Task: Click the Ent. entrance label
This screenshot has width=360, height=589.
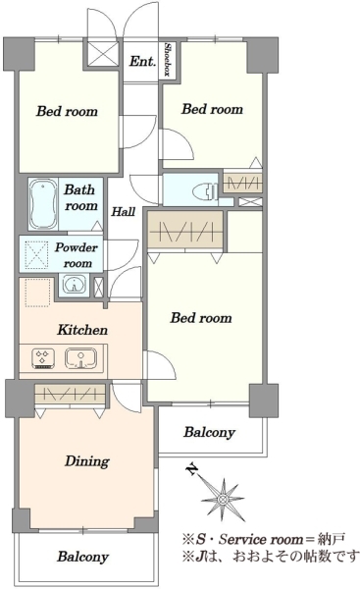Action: (142, 61)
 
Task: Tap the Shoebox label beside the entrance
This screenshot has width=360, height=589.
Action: (168, 59)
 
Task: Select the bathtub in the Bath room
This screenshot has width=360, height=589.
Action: (43, 204)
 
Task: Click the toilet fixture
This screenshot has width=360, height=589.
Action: (205, 191)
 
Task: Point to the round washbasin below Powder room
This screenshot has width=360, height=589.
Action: (74, 285)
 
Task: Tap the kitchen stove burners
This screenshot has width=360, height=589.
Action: (44, 358)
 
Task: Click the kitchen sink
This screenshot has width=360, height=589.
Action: (80, 358)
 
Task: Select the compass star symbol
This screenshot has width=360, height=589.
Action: (223, 500)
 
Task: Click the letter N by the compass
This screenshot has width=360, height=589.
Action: (192, 469)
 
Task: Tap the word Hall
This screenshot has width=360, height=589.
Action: (124, 212)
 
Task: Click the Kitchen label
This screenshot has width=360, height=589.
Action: (82, 330)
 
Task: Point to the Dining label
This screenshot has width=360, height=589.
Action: (87, 461)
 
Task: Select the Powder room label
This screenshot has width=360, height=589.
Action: (77, 255)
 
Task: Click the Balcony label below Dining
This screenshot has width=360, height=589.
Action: (83, 557)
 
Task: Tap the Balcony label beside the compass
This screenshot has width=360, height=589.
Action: (210, 432)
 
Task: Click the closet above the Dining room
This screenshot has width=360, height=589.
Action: (70, 394)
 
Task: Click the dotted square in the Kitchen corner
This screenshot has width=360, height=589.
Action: (37, 293)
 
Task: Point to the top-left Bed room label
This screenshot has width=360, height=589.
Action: (67, 111)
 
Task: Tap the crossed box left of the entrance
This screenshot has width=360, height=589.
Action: (103, 54)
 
